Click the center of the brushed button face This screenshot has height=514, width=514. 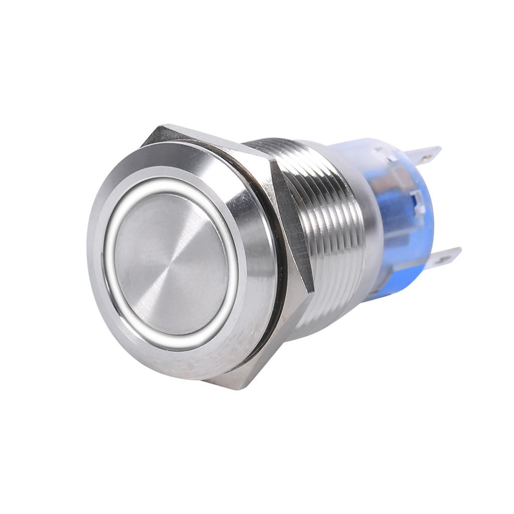click(171, 264)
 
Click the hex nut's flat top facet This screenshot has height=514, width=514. click(211, 141)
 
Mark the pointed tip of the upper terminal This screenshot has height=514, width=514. click(440, 148)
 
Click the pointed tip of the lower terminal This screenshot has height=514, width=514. click(460, 249)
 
